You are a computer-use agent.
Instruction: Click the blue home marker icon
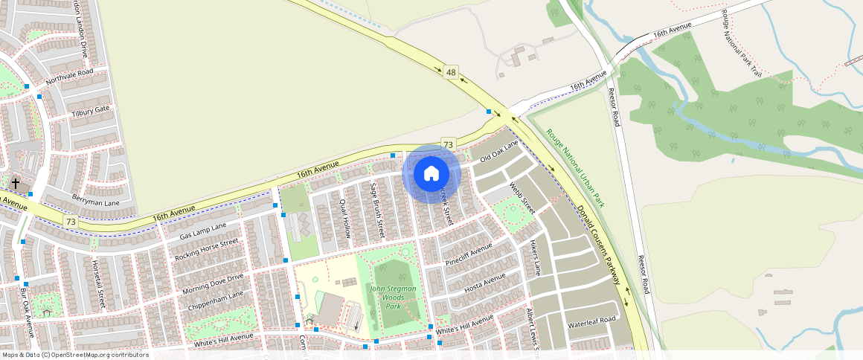[x=431, y=174]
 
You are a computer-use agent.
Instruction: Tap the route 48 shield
[x=451, y=72]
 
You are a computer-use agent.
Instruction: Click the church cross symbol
[x=16, y=182]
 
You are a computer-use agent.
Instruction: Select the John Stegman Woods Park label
[x=393, y=298]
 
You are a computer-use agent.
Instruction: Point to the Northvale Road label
[x=69, y=77]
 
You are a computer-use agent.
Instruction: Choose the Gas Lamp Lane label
[x=202, y=231]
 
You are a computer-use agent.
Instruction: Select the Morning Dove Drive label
[x=213, y=282]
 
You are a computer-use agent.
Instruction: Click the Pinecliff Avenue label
[x=469, y=253]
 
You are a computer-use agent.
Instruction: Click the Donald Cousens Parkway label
[x=599, y=245]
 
